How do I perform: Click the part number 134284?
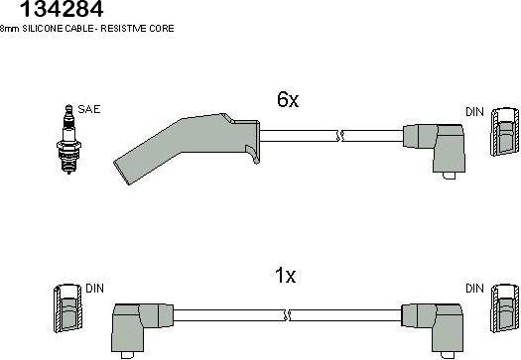(62, 9)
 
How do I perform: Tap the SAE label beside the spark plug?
(88, 109)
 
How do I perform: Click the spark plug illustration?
(68, 139)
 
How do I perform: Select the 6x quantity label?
(288, 99)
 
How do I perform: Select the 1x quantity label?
(285, 276)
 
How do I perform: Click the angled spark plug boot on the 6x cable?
(187, 147)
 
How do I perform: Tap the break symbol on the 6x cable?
(340, 136)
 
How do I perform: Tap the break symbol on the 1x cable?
(288, 315)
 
